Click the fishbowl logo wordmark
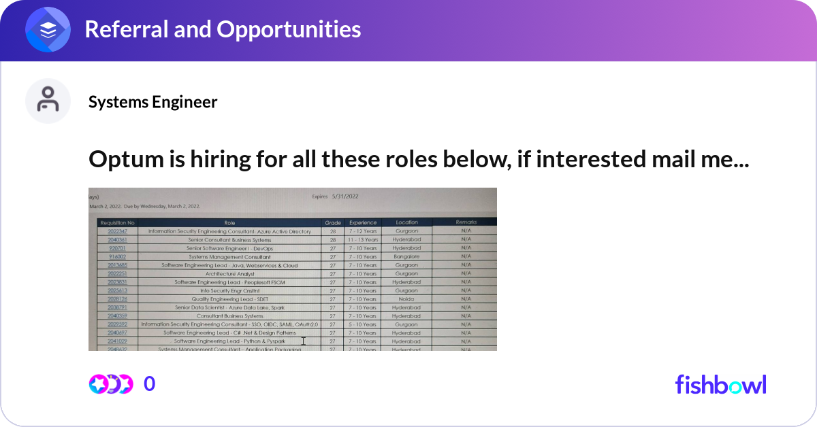pyautogui.click(x=720, y=384)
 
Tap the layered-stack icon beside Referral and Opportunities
pyautogui.click(x=48, y=30)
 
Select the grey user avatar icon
pyautogui.click(x=48, y=101)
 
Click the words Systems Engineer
pyautogui.click(x=153, y=102)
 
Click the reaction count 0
pyautogui.click(x=150, y=384)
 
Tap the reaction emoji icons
pyautogui.click(x=110, y=384)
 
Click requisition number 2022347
pyautogui.click(x=117, y=231)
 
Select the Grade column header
pyautogui.click(x=332, y=222)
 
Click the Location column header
pyautogui.click(x=406, y=222)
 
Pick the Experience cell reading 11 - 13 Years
pyautogui.click(x=362, y=240)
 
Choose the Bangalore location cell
pyautogui.click(x=406, y=257)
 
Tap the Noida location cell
pyautogui.click(x=406, y=299)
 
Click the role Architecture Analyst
pyautogui.click(x=229, y=274)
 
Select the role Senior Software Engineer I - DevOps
pyautogui.click(x=229, y=248)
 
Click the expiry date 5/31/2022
pyautogui.click(x=345, y=197)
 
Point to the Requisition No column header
pyautogui.click(x=117, y=222)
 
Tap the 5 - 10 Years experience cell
pyautogui.click(x=362, y=325)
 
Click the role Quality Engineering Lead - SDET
pyautogui.click(x=229, y=299)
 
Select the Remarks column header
pyautogui.click(x=466, y=222)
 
